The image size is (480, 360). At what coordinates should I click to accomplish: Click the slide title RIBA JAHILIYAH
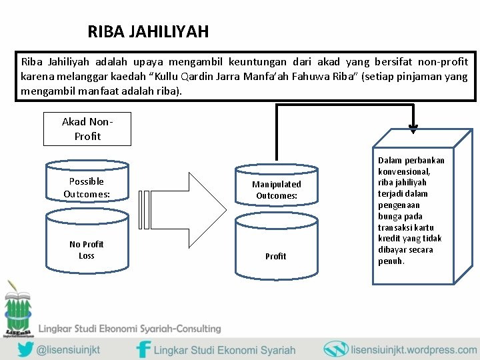148,31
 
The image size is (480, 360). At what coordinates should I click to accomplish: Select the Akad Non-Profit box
87,129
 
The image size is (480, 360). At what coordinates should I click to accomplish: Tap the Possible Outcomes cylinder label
87,187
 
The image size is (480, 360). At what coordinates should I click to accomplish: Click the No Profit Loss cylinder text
87,249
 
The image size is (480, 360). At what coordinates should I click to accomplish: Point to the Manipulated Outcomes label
276,190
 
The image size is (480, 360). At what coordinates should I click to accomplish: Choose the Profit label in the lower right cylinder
275,256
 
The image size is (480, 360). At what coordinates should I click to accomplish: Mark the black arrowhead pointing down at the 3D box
413,128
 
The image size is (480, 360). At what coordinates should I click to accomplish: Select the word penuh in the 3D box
391,261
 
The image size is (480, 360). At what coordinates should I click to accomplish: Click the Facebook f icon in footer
143,349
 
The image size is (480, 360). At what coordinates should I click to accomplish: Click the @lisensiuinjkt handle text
79,349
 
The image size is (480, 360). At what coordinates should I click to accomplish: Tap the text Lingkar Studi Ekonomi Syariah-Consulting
129,329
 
